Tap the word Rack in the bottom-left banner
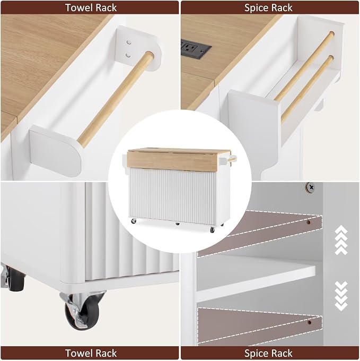[106, 353]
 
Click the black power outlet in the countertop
[196, 49]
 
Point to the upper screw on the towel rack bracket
[129, 42]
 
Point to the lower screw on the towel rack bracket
[128, 55]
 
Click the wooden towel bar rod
[116, 99]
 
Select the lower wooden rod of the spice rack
[307, 89]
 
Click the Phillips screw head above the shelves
[310, 187]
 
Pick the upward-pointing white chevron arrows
[341, 240]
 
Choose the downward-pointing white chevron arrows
[341, 296]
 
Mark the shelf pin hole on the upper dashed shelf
[309, 222]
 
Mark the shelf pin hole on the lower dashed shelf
[310, 322]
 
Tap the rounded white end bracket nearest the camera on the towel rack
[55, 150]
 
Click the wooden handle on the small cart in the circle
[232, 159]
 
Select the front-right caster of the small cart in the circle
[212, 229]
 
